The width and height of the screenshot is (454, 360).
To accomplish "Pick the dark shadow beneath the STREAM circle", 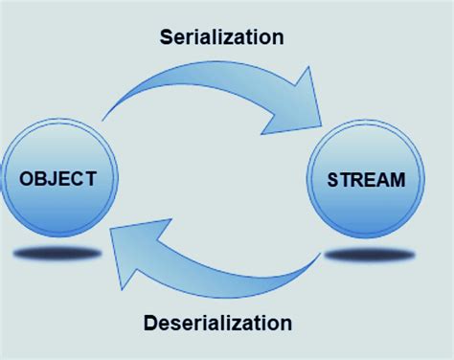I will (x=370, y=255).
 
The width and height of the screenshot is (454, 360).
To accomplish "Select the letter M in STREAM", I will (x=397, y=178).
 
